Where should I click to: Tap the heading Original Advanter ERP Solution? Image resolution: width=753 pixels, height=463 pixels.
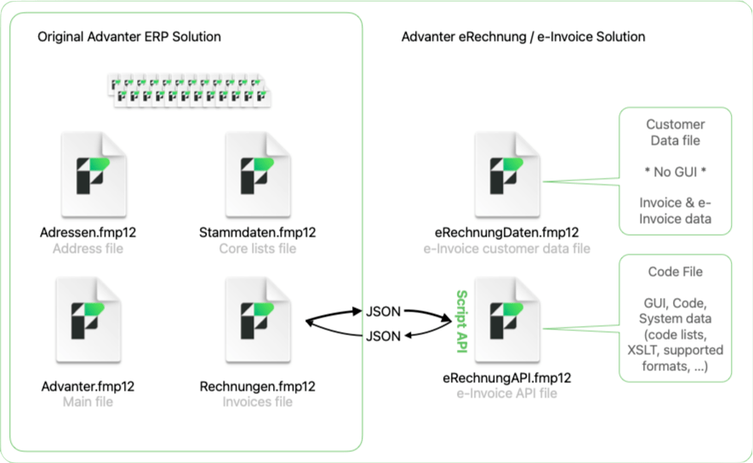pyautogui.click(x=129, y=37)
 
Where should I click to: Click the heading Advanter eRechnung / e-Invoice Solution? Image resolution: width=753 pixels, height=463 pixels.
pyautogui.click(x=522, y=37)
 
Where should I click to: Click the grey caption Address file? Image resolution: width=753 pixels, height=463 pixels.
pyautogui.click(x=88, y=249)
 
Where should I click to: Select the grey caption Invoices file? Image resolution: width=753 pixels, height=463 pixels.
pyautogui.click(x=258, y=402)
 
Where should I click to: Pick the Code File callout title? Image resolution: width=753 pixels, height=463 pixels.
pyautogui.click(x=675, y=272)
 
